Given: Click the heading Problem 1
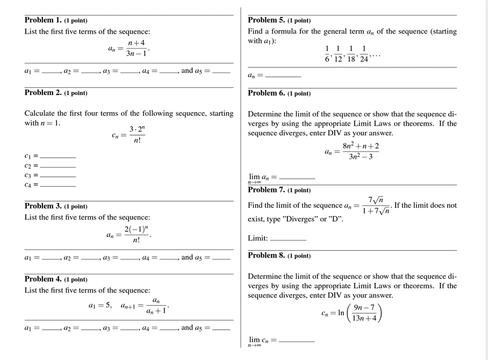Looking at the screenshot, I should pos(43,20).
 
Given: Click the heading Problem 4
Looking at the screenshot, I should pos(43,279).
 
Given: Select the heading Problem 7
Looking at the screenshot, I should pos(266,190).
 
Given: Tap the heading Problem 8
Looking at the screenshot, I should pos(266,255).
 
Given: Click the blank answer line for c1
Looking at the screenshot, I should pos(58,157).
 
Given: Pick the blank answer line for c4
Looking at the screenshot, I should pos(58,186).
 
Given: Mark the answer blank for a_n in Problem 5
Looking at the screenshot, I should pos(282,76).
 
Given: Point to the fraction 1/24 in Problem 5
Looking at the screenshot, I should pos(364,54).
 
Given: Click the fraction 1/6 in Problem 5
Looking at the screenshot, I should pos(327,54).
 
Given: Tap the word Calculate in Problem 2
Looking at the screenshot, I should pos(40,113).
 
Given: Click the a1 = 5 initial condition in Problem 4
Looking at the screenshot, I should pos(100,306).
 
